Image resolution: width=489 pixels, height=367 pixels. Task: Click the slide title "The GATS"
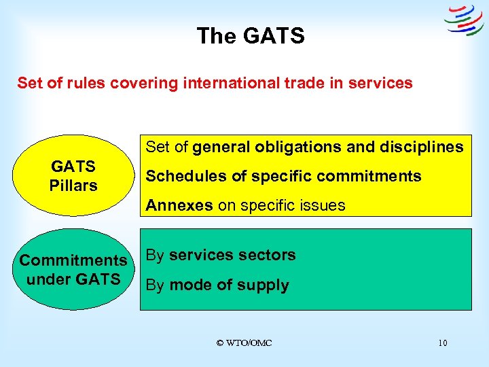tap(251, 35)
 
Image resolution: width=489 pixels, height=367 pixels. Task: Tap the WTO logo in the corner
tap(464, 20)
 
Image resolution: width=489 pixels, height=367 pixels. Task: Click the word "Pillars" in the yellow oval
tap(73, 185)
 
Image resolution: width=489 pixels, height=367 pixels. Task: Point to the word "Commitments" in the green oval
tap(73, 260)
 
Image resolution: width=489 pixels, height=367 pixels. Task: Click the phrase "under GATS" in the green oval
tap(73, 279)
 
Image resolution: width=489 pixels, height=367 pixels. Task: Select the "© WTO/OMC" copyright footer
tap(244, 343)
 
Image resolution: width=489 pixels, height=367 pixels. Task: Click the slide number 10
tap(443, 343)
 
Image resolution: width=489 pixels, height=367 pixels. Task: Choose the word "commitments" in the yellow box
tap(370, 176)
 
